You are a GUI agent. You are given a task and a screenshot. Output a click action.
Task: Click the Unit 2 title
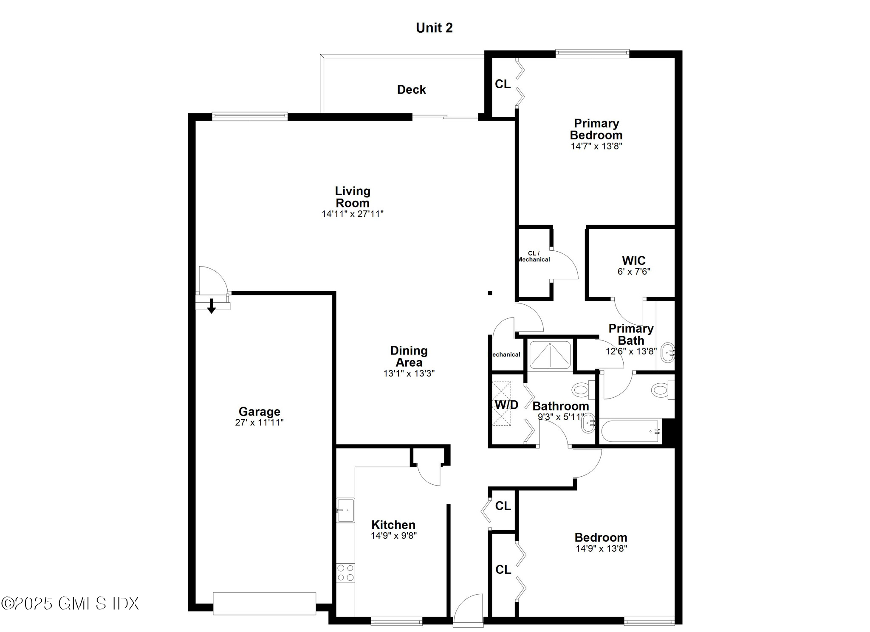[434, 28]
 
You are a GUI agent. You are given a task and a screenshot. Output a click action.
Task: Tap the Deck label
[411, 90]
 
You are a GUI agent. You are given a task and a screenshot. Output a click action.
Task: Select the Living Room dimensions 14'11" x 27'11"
[352, 214]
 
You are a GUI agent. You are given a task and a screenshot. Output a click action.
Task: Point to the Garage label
[259, 411]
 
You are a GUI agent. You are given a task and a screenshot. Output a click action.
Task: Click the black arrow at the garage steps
[211, 306]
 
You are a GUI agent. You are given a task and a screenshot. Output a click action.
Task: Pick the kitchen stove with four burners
[345, 572]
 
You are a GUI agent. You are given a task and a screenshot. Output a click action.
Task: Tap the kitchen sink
[345, 510]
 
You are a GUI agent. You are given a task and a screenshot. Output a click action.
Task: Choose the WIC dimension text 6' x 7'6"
[633, 272]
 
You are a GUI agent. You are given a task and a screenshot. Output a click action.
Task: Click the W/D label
[506, 405]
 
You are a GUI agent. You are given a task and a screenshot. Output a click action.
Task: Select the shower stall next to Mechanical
[550, 355]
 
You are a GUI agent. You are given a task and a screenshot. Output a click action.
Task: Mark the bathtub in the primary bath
[631, 431]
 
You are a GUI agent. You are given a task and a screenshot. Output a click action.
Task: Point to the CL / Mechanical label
[534, 256]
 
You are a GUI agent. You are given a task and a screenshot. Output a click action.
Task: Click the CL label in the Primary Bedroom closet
[503, 84]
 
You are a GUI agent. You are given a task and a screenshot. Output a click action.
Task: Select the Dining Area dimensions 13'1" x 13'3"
[409, 374]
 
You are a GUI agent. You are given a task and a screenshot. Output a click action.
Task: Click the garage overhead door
[264, 603]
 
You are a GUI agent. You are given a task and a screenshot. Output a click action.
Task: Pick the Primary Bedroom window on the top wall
[592, 53]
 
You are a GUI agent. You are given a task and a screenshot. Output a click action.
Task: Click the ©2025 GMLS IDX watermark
[70, 603]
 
